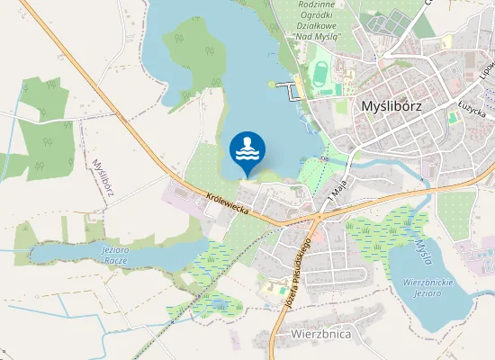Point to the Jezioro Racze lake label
115,254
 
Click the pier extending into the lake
289,87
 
